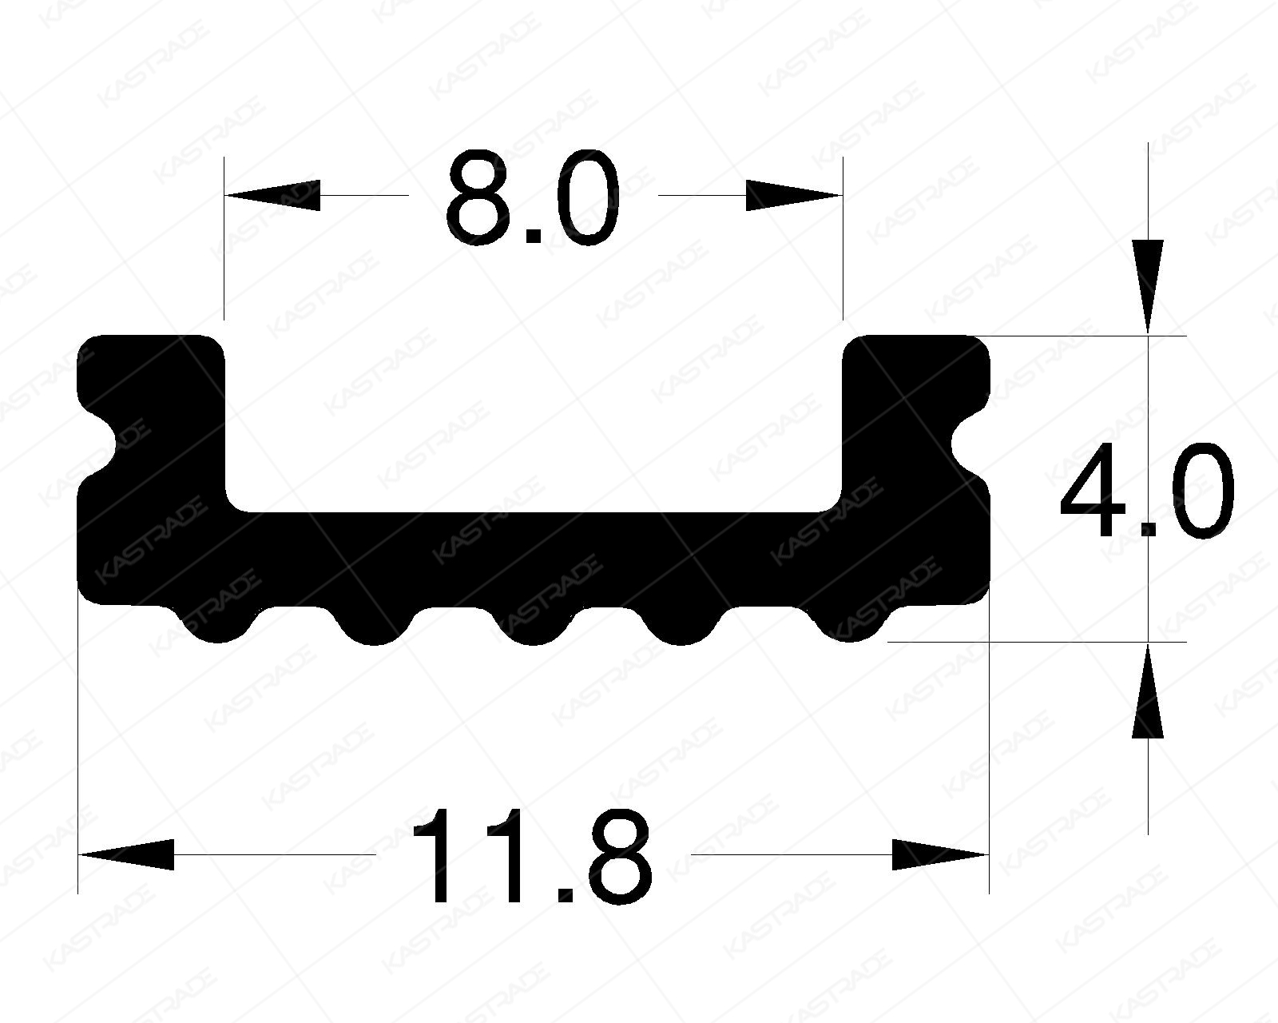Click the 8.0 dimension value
point(533,197)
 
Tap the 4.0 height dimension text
point(1147,493)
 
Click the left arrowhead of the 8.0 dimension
point(272,195)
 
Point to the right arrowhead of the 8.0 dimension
point(794,195)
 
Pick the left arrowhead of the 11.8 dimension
point(126,854)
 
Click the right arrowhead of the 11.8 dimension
point(941,854)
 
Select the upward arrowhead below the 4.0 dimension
point(1148,691)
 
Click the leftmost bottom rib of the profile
point(213,627)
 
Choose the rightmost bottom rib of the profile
point(849,627)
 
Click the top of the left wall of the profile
point(150,339)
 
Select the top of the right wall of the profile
point(917,339)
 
